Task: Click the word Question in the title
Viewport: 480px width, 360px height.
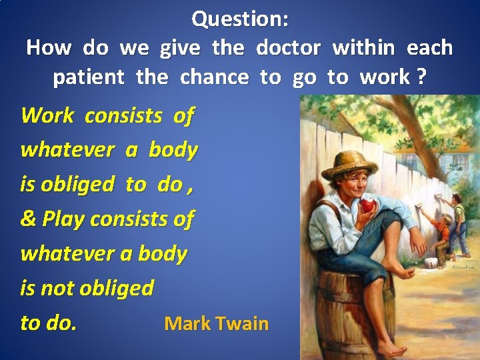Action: coord(235,19)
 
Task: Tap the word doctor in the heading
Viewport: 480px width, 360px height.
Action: coord(288,48)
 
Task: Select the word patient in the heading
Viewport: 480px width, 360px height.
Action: coord(88,77)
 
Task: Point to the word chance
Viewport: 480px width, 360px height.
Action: coord(214,77)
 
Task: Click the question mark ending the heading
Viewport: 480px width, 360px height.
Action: coord(421,77)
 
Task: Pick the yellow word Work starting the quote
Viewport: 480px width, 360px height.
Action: coord(47,116)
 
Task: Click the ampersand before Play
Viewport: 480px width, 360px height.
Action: coord(29,219)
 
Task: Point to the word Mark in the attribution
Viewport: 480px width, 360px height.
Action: coord(185,324)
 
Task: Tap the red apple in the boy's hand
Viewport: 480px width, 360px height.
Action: coord(367,205)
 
